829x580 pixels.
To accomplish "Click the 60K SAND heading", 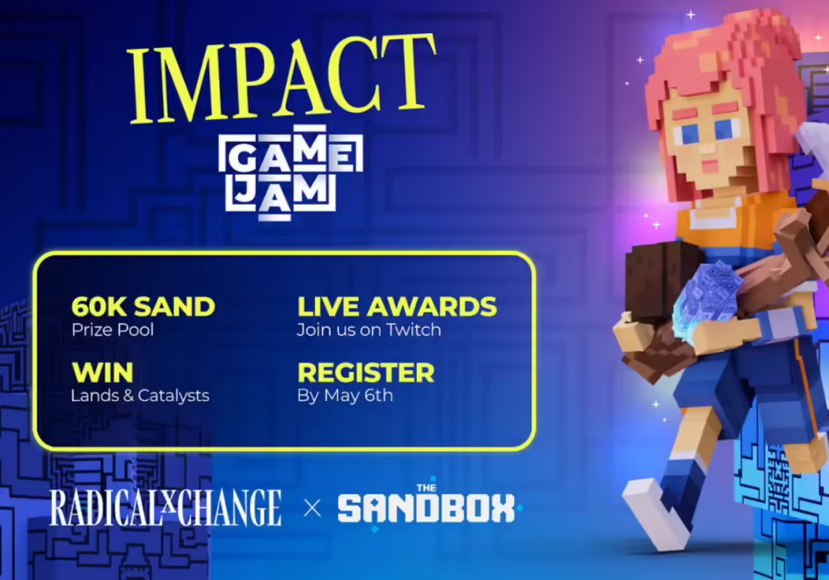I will pos(143,307).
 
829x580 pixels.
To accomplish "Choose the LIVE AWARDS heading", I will pos(397,307).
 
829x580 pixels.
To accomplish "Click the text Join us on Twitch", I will pos(369,330).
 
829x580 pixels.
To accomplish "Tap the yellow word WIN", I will pos(102,372).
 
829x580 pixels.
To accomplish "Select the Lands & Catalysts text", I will pos(139,395).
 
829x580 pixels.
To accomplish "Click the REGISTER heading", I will pos(366,372).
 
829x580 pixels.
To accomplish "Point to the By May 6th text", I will pos(345,395).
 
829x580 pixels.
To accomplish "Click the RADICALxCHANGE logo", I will pos(166,508).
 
